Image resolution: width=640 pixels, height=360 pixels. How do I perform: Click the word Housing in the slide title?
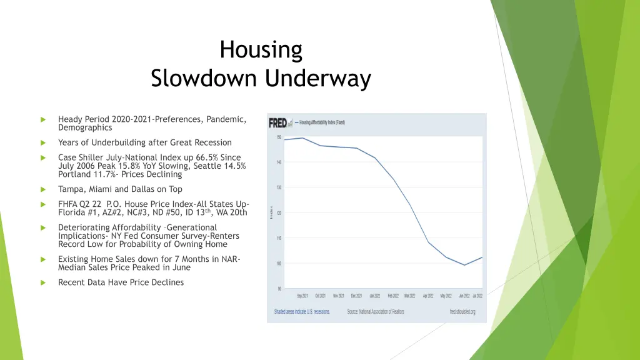[261, 49]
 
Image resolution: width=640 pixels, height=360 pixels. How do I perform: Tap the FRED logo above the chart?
[277, 122]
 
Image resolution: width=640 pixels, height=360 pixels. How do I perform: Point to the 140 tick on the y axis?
[278, 162]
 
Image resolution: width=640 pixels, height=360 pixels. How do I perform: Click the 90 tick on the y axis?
[278, 289]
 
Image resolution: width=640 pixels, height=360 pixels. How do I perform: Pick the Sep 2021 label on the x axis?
[302, 296]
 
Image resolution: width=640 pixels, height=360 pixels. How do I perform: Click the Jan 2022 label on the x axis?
[374, 296]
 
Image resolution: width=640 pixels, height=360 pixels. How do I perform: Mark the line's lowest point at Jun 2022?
[464, 265]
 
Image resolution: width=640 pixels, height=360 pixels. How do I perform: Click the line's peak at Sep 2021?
[302, 138]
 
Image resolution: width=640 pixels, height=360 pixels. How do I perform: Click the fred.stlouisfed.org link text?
[462, 311]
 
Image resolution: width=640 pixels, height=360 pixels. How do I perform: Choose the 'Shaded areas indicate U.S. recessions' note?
[302, 311]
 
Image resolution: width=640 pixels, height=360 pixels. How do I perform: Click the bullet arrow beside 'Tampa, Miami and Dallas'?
[43, 189]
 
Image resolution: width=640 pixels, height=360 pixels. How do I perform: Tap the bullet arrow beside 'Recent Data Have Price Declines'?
[43, 282]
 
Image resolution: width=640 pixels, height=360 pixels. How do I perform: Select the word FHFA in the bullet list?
[68, 204]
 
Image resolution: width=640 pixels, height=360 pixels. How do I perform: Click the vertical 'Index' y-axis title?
[271, 213]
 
